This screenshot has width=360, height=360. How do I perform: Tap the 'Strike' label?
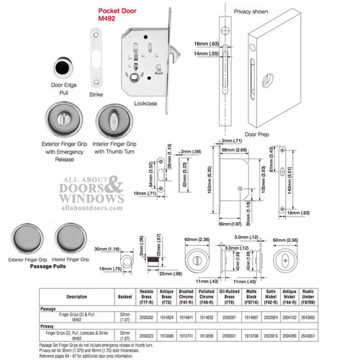point(95,94)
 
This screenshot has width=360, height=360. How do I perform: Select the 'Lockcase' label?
point(144,102)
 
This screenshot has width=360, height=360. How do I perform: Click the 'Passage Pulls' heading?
point(45,266)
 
